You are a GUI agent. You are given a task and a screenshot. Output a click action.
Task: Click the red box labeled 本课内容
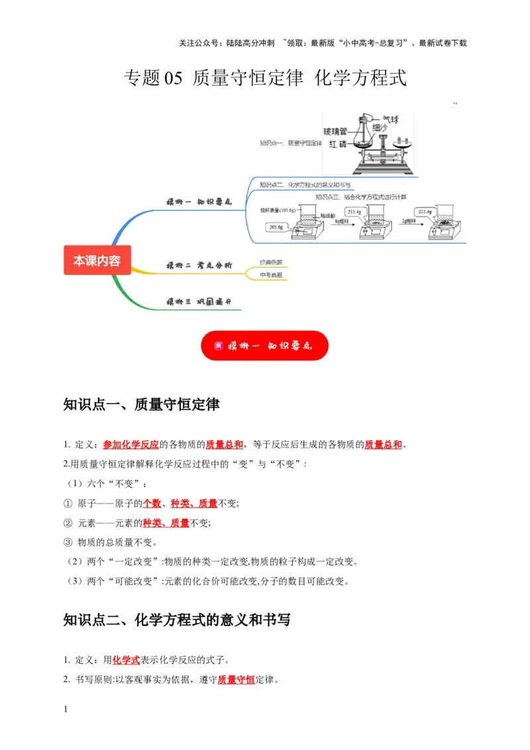point(97,260)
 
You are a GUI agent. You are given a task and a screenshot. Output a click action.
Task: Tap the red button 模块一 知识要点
point(264,345)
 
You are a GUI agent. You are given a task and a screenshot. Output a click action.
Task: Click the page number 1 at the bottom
point(66,709)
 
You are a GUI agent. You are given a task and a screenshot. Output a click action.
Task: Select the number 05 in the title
point(172,78)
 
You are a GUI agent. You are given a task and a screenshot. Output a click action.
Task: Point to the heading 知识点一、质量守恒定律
point(141,404)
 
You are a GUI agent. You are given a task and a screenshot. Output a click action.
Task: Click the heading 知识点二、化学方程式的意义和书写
point(176,620)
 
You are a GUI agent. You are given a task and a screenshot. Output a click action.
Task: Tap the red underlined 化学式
point(126,660)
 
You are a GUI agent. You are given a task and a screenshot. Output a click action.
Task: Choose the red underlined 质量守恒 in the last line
point(236,679)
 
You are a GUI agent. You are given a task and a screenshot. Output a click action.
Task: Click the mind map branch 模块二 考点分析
point(199,265)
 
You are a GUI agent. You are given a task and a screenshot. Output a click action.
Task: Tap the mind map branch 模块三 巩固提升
point(199,302)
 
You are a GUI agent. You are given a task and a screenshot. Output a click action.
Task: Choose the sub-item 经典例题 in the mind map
point(271,262)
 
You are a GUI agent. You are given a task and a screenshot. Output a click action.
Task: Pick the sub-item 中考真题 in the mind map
point(271,274)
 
